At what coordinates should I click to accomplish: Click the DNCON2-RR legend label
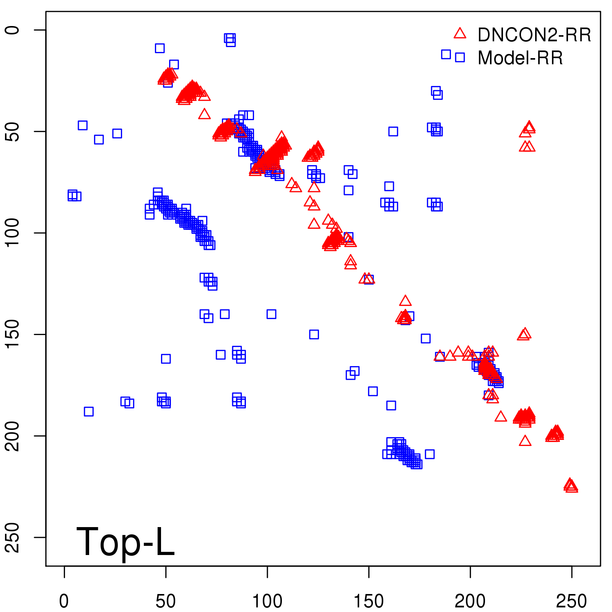(534, 35)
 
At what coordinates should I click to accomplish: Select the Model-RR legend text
(520, 58)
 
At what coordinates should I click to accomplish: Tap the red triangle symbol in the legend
(460, 34)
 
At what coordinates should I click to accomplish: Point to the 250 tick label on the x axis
(571, 601)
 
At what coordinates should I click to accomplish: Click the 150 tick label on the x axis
(369, 601)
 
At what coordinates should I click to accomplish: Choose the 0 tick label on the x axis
(64, 601)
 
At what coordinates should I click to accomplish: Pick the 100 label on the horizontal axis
(267, 601)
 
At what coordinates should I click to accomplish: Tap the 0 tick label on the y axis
(13, 30)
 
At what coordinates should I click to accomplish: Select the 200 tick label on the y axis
(13, 436)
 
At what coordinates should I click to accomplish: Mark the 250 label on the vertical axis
(13, 537)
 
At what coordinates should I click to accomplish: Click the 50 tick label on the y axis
(13, 132)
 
